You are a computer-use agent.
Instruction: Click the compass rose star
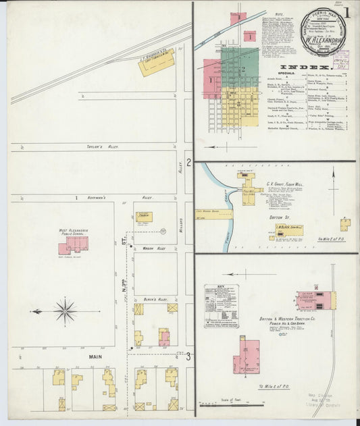[66, 311]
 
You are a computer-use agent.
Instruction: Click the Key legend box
[222, 306]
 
